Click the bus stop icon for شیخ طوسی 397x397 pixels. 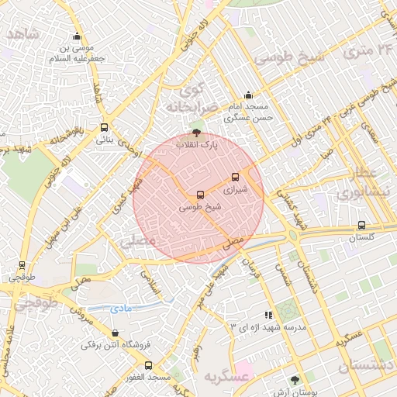[201, 195]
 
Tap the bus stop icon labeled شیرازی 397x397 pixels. [236, 178]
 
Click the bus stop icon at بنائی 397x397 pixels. [104, 128]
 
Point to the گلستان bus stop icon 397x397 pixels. [361, 225]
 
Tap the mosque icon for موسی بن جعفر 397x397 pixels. [77, 36]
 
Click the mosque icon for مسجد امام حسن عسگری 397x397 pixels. [248, 95]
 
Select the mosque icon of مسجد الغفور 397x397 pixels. [148, 365]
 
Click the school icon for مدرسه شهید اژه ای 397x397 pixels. [269, 315]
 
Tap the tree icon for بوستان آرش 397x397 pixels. [294, 380]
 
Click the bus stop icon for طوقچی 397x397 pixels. [22, 264]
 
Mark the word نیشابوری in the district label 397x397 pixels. [378, 192]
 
